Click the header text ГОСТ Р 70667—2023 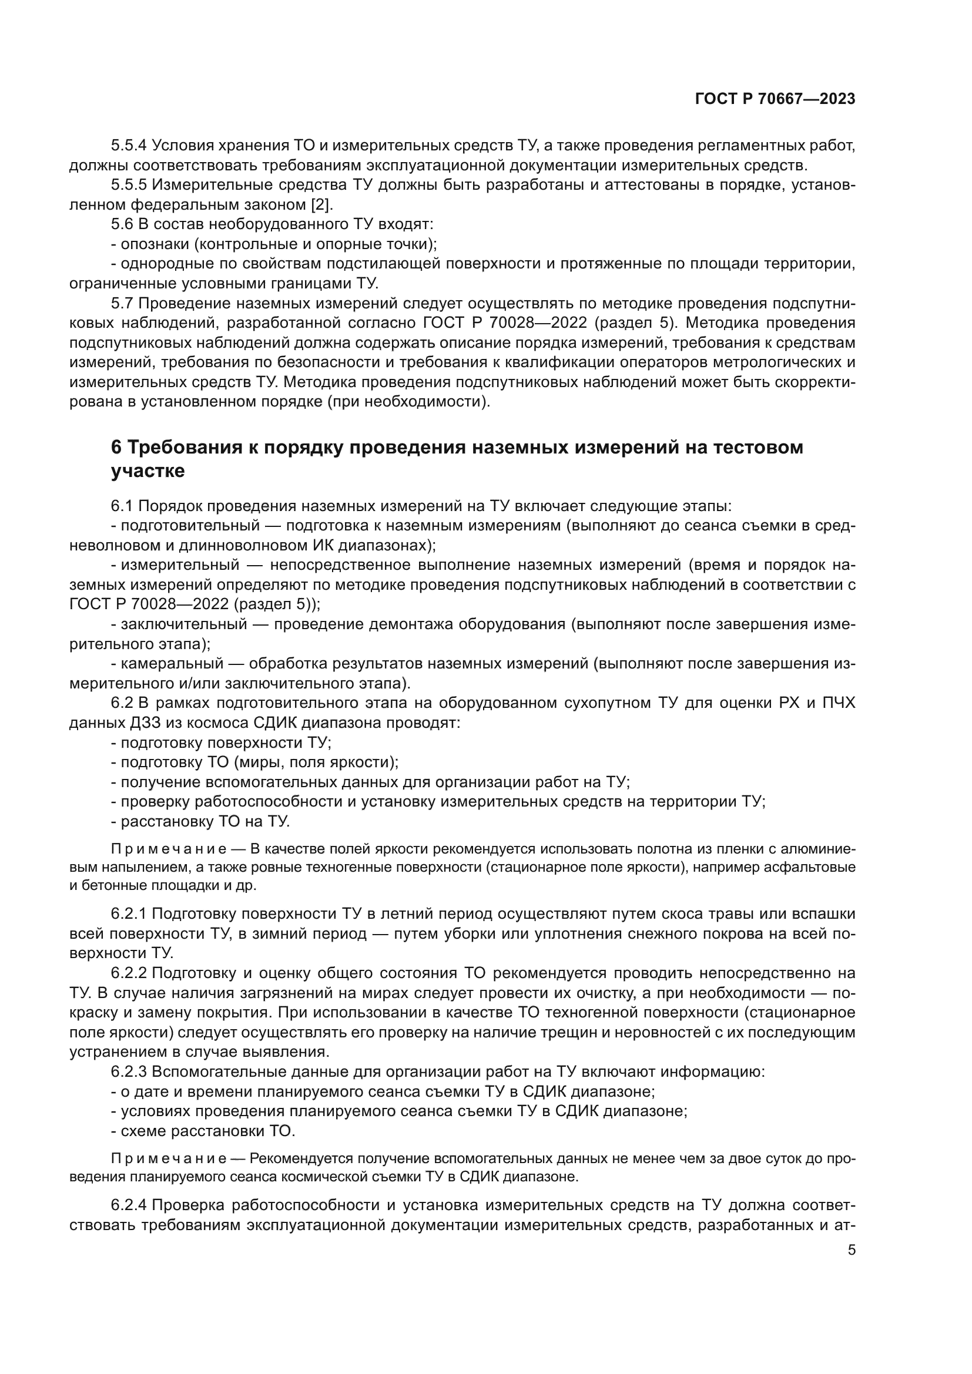(775, 99)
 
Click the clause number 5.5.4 (128, 146)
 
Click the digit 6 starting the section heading (116, 447)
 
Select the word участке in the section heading (148, 472)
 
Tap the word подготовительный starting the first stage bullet (190, 526)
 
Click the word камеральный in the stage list (172, 664)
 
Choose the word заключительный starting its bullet (184, 624)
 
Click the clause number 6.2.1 (128, 914)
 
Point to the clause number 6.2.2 (128, 973)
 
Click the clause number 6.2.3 (128, 1072)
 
